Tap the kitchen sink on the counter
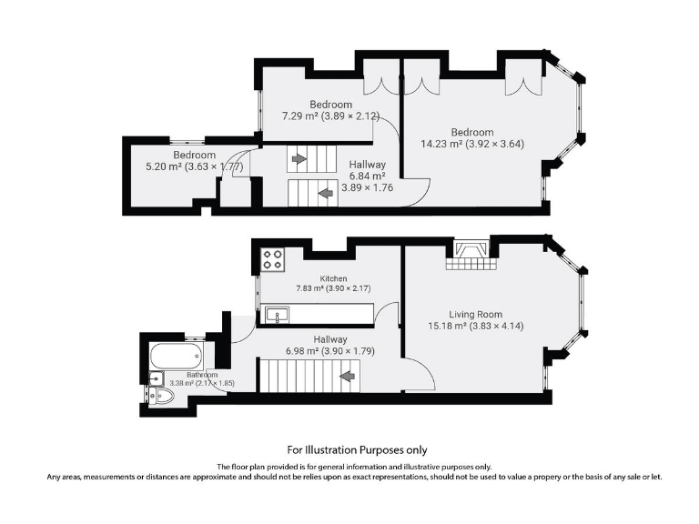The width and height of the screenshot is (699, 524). pos(275,316)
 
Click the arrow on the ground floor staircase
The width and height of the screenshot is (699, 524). pos(346,375)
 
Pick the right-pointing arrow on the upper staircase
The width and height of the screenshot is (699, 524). pos(298,159)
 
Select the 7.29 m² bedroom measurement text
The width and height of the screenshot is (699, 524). pos(330,116)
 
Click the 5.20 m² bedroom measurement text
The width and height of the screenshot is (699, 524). pos(194,166)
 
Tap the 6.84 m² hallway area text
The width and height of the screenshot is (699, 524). pos(368,176)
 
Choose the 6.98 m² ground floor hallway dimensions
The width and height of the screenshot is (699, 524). pos(329,350)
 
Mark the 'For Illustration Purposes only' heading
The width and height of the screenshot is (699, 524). pos(357,449)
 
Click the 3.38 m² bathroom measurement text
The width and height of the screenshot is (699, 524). pos(202,383)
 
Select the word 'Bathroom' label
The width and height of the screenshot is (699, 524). pos(202,375)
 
